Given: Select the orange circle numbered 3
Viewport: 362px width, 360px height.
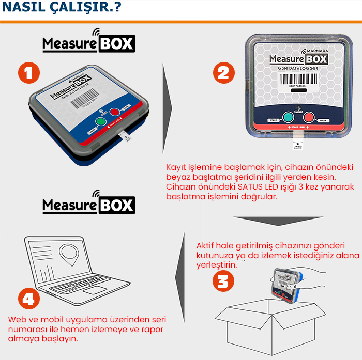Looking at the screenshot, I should pos(222,282).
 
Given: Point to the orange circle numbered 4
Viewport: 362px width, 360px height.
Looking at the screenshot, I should pos(29,299).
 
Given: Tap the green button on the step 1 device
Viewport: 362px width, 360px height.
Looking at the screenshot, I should pos(101,122).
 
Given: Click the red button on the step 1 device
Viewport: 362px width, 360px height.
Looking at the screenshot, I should pos(114,112).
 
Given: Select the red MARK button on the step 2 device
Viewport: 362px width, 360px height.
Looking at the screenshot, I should pos(309,117).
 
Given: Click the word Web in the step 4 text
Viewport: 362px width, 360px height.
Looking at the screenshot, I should pos(16,319).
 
